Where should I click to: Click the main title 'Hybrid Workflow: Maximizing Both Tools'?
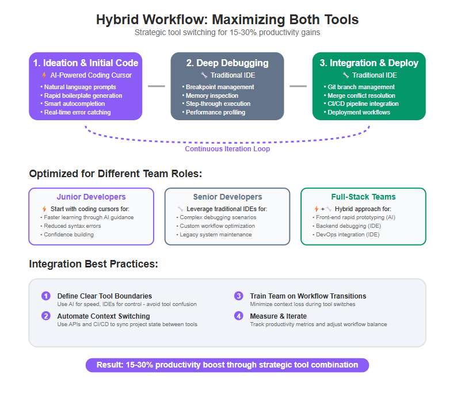tap(227, 20)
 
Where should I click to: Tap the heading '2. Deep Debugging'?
tap(227, 63)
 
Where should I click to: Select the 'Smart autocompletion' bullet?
tap(74, 104)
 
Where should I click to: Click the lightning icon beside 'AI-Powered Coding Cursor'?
tap(44, 75)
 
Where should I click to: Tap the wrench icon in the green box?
tap(346, 75)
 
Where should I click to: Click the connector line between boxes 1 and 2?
tap(157, 86)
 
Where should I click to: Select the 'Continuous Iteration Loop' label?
tap(227, 149)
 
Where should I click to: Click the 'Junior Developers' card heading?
tap(91, 197)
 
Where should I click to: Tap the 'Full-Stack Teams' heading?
tap(363, 197)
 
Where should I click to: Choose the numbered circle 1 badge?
tap(46, 296)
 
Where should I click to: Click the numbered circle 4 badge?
tap(239, 316)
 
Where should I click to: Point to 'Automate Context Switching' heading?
tap(104, 316)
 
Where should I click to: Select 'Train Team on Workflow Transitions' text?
tap(308, 296)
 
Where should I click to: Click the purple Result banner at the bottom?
tap(227, 365)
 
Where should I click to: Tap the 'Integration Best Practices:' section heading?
tap(94, 264)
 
